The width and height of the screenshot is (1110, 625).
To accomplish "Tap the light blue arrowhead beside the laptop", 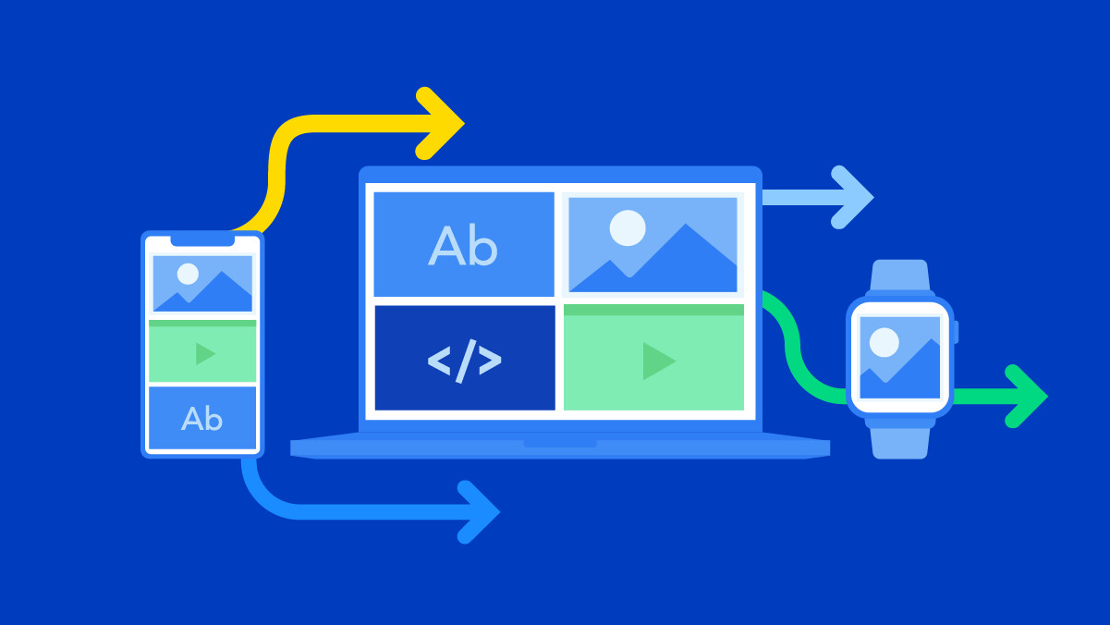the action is [x=852, y=197].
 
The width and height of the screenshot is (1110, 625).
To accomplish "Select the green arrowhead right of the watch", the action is [x=1026, y=396].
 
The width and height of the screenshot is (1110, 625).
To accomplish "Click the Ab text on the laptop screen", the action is [x=462, y=245].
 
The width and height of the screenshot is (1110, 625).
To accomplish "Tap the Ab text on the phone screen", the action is [x=201, y=419].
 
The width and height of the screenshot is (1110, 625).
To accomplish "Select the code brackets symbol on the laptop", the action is [x=464, y=362].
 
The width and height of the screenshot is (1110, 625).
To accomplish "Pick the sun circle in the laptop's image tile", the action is [x=628, y=228].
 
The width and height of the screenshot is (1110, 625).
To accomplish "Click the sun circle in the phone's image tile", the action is [x=188, y=274].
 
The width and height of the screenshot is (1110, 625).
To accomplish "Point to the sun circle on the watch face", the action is [x=884, y=342].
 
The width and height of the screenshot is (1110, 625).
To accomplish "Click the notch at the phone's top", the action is [x=202, y=241].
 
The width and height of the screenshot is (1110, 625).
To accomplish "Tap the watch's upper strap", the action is [x=899, y=276].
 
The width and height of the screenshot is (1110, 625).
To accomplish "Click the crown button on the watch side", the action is [x=956, y=332].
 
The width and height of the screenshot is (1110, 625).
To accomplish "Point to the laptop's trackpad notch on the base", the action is [x=560, y=443].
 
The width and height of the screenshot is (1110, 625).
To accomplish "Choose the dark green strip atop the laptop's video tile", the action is [x=653, y=311].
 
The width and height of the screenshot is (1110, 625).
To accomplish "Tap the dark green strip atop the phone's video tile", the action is [x=202, y=324].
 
